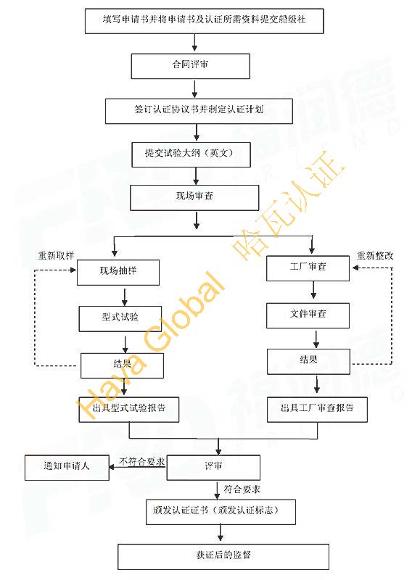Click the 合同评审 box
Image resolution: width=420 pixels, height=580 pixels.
(191, 66)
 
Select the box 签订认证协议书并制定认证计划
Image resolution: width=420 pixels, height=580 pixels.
(199, 111)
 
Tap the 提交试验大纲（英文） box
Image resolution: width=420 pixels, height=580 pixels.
(191, 154)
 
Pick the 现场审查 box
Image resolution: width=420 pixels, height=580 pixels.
(194, 197)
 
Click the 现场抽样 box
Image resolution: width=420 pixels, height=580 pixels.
(118, 273)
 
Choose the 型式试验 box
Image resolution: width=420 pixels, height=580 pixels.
(120, 319)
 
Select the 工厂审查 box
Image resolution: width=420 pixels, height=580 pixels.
(308, 268)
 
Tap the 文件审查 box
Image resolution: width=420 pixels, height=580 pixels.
(308, 315)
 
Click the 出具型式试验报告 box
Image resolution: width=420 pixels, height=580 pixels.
(129, 410)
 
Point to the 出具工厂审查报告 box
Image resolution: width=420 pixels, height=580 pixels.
(317, 410)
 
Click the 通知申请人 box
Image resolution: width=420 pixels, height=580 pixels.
(67, 468)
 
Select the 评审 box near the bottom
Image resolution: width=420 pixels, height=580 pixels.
(213, 468)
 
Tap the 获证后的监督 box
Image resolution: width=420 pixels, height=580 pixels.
(223, 557)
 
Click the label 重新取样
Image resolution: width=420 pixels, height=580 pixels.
(56, 255)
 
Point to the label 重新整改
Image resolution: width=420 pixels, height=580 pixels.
(375, 255)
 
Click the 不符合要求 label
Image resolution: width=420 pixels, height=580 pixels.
(141, 461)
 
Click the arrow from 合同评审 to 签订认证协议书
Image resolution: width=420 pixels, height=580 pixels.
(194, 88)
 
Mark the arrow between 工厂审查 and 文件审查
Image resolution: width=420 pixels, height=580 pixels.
(313, 290)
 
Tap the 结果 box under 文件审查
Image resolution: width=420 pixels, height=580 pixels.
(308, 362)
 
